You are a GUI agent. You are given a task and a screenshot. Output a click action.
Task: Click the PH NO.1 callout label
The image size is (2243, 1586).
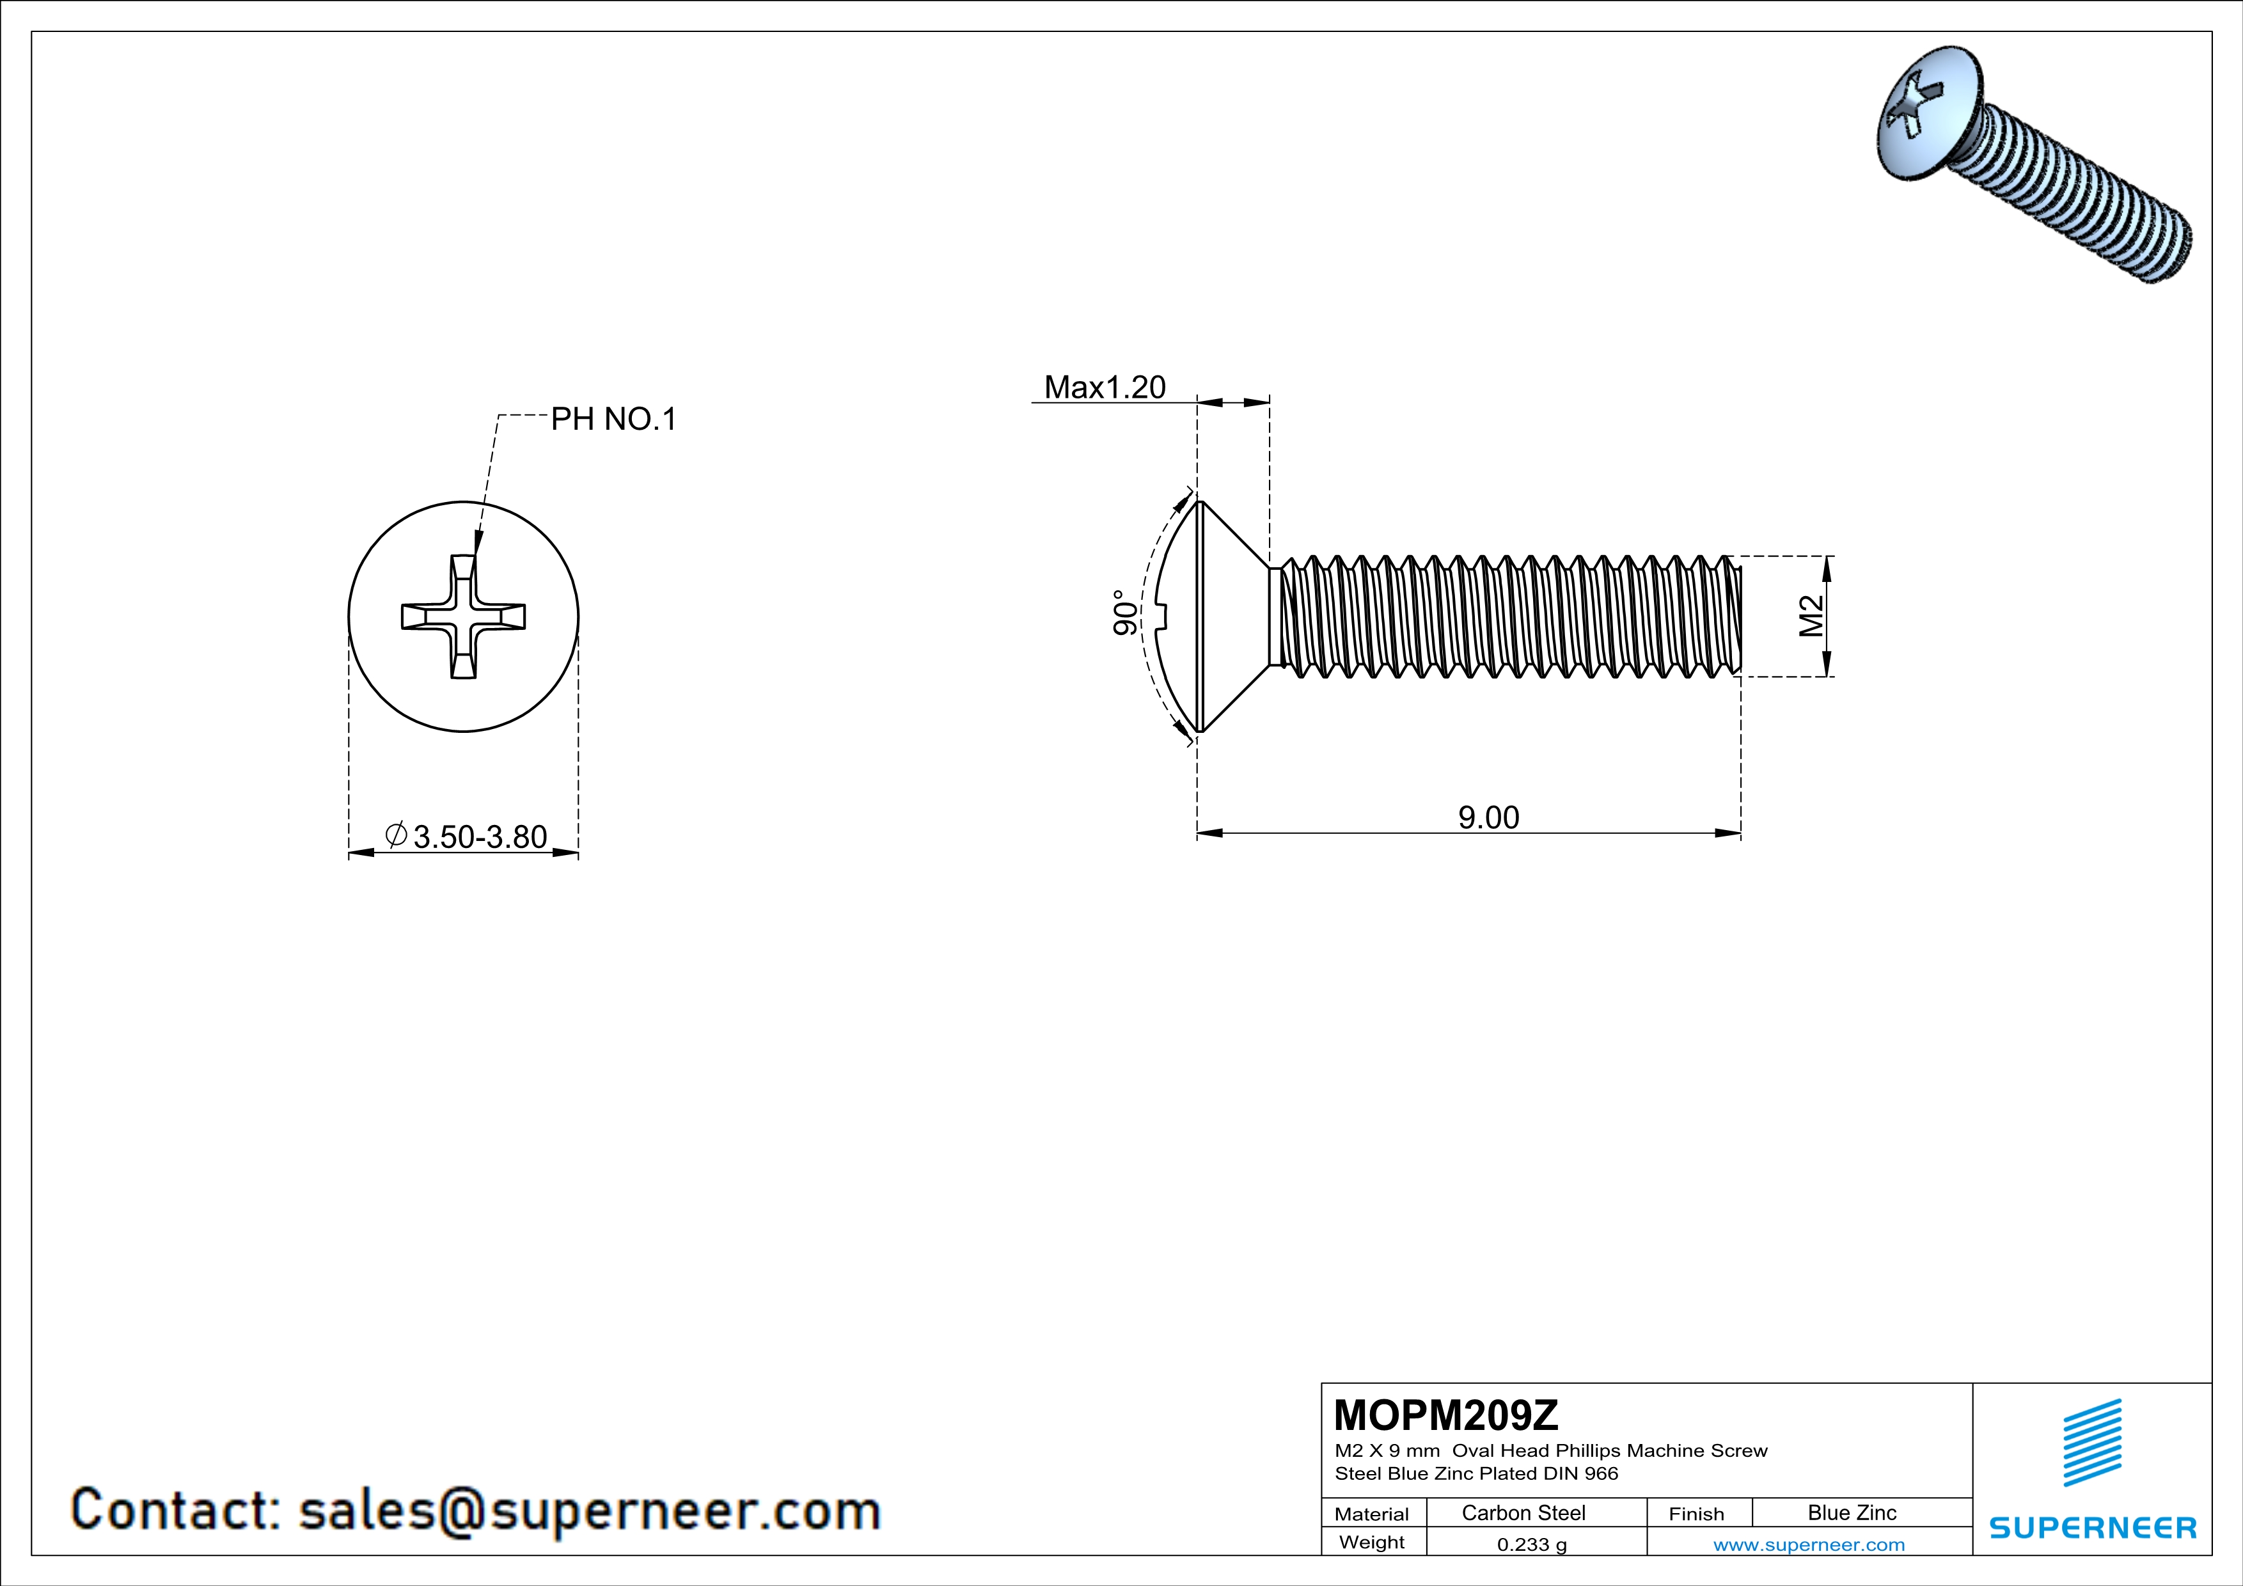[613, 419]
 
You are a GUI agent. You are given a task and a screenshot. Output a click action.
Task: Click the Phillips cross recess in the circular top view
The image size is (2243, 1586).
[463, 616]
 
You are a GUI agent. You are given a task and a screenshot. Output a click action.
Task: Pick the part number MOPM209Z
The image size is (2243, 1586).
[1446, 1414]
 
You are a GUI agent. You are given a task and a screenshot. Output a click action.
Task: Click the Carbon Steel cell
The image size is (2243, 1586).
[1523, 1512]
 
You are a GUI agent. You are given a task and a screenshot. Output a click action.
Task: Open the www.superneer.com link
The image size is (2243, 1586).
[1808, 1544]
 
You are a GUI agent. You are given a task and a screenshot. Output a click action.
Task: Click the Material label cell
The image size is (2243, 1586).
[1372, 1514]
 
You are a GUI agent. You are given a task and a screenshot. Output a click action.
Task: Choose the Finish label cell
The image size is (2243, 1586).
[1696, 1514]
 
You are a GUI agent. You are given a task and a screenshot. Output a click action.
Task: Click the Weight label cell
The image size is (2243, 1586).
[1372, 1542]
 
